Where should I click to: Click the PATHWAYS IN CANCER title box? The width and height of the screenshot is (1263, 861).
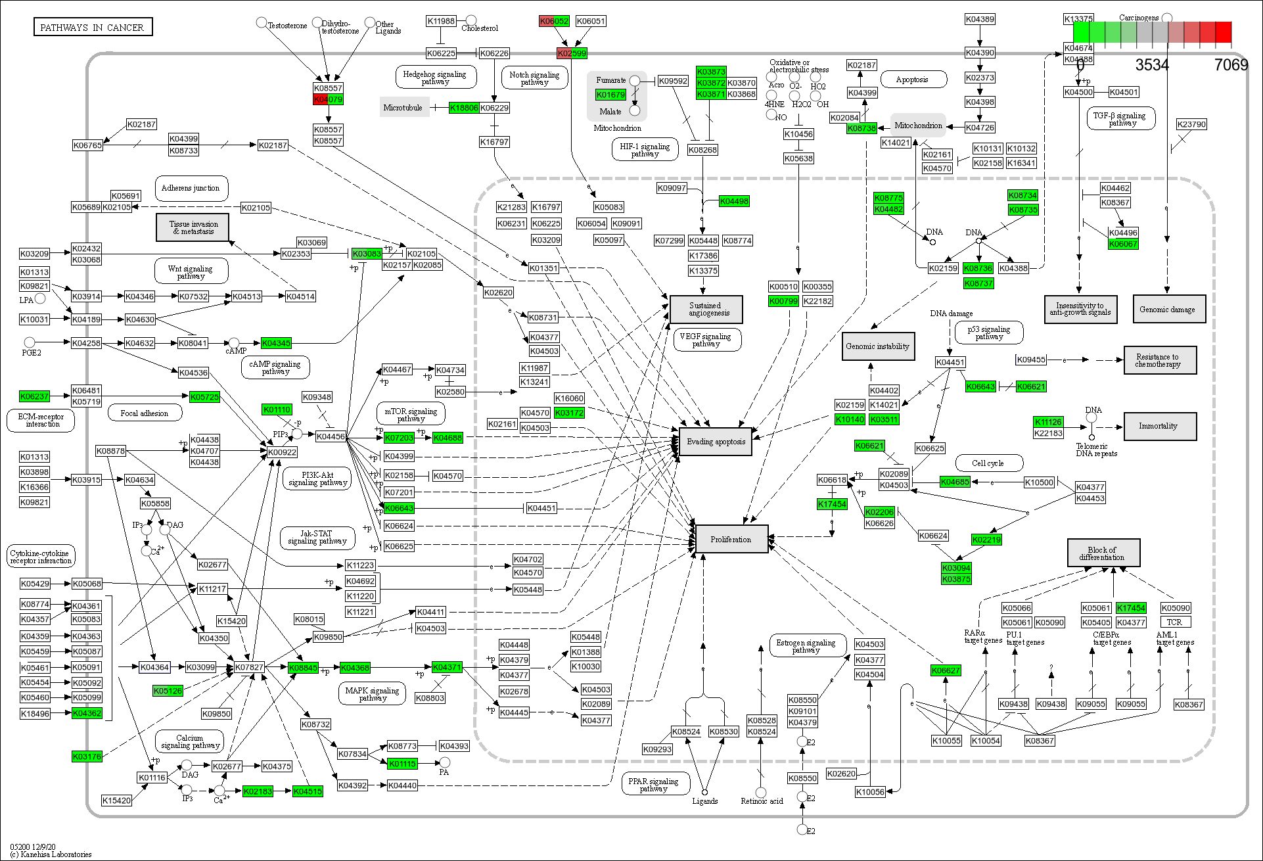click(x=93, y=27)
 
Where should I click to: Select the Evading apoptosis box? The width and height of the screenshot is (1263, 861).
click(x=716, y=442)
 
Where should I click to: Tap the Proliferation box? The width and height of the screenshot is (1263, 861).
click(x=731, y=539)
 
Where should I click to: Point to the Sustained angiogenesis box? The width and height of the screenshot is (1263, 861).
click(x=706, y=309)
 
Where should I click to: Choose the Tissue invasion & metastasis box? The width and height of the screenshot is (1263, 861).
click(x=193, y=227)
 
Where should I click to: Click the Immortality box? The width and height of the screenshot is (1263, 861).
click(x=1159, y=426)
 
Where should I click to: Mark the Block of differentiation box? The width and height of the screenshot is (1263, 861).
click(x=1103, y=553)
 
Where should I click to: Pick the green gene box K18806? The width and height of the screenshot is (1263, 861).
click(x=463, y=108)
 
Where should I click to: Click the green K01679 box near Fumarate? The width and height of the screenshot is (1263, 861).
click(x=610, y=95)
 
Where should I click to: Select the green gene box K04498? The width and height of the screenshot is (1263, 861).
click(x=734, y=201)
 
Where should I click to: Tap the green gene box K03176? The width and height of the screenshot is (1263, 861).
click(x=87, y=756)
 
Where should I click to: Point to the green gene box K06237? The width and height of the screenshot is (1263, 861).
click(x=34, y=396)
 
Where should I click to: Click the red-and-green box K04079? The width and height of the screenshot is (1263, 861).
click(x=328, y=99)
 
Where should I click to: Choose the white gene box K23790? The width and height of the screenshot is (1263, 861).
click(x=1191, y=124)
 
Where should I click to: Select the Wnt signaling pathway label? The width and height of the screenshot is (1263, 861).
click(x=191, y=272)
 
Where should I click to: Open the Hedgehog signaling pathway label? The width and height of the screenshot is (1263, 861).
click(x=434, y=78)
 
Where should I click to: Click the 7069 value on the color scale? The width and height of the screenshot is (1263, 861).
click(x=1230, y=64)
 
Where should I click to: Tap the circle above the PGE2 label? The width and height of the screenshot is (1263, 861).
click(x=30, y=342)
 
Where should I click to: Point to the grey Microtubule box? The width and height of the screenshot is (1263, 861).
click(x=403, y=108)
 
